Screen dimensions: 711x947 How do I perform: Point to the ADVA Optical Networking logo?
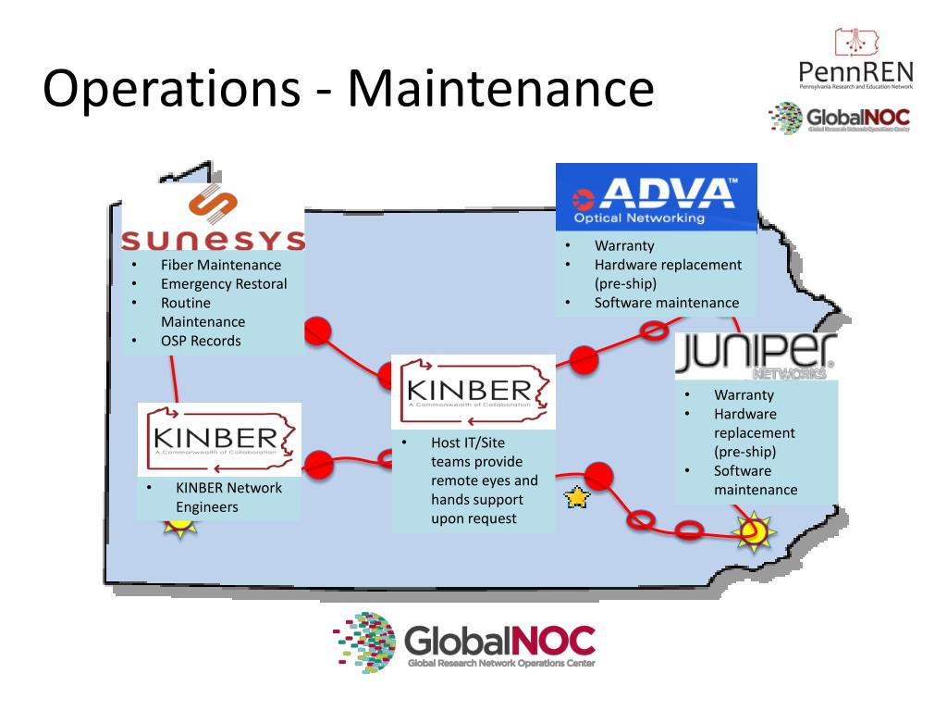[x=656, y=196]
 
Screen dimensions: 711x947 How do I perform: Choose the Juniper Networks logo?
[x=755, y=356]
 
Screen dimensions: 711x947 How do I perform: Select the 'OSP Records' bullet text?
[x=201, y=341]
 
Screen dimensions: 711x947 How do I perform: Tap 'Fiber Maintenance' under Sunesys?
[x=220, y=266]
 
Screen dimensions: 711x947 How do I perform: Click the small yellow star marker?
[x=577, y=499]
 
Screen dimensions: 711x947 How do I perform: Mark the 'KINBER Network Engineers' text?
[x=228, y=497]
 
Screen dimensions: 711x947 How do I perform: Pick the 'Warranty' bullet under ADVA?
[x=624, y=246]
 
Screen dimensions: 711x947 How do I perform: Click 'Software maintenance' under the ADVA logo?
[x=666, y=303]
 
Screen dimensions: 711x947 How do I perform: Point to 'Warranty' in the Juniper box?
[x=744, y=394]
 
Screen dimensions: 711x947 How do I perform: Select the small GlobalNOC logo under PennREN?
[x=840, y=119]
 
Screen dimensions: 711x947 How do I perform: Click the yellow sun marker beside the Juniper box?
[x=753, y=531]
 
